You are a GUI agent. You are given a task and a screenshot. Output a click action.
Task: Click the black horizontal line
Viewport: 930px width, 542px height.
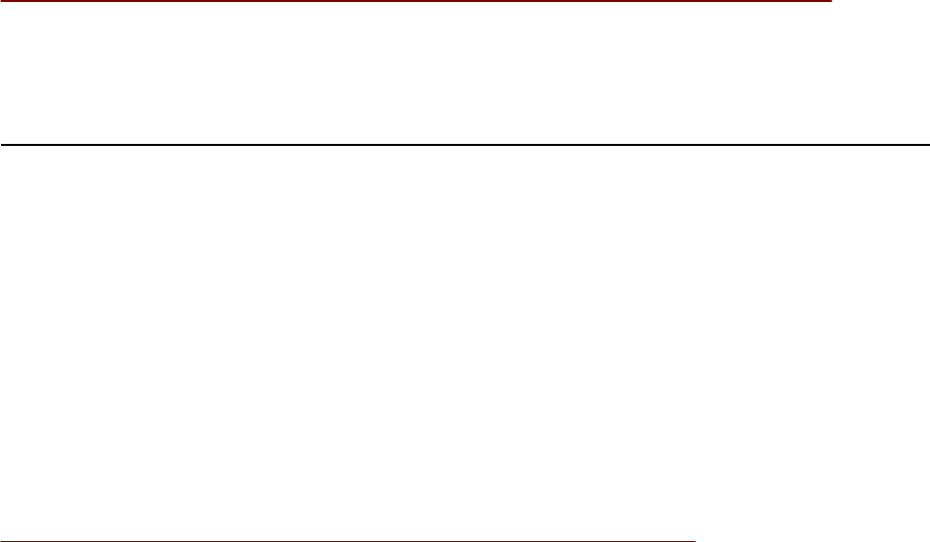coord(465,145)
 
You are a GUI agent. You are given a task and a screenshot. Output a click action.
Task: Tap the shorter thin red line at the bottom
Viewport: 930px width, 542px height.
coord(347,540)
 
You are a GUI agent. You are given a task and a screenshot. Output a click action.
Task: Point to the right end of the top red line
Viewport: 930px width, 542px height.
coord(830,2)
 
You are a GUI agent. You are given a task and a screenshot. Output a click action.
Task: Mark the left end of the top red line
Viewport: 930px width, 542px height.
coord(1,2)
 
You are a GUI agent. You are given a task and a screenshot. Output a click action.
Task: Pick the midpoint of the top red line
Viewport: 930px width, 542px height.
coord(415,2)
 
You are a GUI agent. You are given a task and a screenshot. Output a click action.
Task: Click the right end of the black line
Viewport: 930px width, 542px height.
coord(928,145)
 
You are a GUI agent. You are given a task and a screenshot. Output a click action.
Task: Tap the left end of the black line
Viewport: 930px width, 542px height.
coord(1,145)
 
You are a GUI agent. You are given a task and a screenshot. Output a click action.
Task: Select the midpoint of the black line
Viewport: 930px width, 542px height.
coord(465,145)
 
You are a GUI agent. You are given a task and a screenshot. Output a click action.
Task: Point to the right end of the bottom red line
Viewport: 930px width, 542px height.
coord(696,540)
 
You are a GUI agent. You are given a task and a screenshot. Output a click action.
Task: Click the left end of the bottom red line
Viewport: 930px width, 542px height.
coord(1,540)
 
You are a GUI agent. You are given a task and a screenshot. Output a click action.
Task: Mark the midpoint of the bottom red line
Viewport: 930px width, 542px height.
coord(348,540)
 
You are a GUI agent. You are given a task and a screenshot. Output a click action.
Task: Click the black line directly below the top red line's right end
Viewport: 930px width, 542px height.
coord(830,145)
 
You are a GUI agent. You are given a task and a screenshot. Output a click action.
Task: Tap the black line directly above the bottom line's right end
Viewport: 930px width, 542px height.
coord(696,145)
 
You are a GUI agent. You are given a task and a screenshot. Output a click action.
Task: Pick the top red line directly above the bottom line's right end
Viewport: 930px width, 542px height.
coord(696,2)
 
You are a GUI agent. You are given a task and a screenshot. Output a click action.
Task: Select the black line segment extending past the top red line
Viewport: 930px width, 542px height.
coord(879,145)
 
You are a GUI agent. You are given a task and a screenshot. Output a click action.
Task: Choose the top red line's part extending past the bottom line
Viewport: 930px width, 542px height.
coord(763,2)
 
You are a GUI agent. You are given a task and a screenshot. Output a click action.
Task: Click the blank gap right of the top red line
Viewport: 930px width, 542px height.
coord(880,3)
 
